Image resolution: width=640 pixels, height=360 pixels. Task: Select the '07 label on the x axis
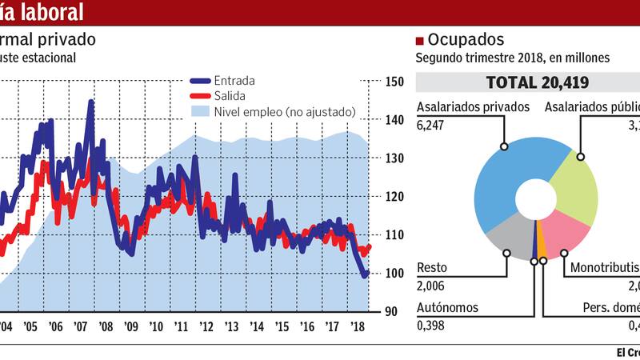tap(81, 327)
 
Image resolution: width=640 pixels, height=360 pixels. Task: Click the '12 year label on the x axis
tap(206, 327)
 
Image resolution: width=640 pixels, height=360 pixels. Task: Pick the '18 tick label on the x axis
tap(358, 327)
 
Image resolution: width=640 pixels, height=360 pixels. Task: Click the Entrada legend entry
tap(237, 81)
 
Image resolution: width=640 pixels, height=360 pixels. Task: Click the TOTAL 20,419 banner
tap(526, 82)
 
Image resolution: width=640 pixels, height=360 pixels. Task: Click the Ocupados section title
tap(466, 40)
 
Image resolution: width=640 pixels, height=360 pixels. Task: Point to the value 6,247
tap(430, 123)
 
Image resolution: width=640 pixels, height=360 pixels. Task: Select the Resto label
tap(431, 269)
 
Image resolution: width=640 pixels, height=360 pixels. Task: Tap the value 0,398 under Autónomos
tap(430, 325)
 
